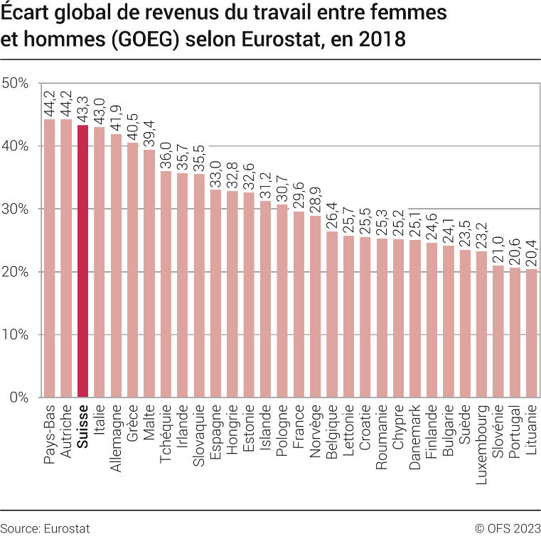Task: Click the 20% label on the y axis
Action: point(15,272)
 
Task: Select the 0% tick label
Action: point(18,398)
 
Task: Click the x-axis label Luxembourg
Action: point(481,435)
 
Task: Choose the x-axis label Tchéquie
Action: point(166,433)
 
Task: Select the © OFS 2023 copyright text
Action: point(507,528)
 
